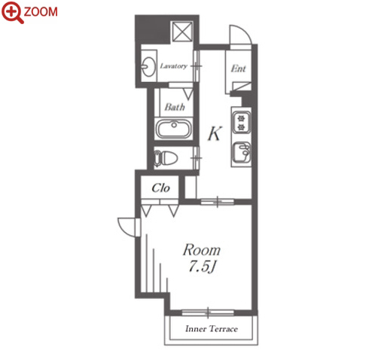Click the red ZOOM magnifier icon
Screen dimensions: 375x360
click(x=13, y=12)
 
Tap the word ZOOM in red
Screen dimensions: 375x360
click(x=41, y=12)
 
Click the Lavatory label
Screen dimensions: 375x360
click(x=174, y=66)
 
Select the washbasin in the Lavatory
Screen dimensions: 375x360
click(x=148, y=66)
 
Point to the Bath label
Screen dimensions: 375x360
click(x=175, y=107)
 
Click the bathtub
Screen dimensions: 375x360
click(x=174, y=128)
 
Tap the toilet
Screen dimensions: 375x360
click(x=165, y=158)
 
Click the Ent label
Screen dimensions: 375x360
click(x=238, y=69)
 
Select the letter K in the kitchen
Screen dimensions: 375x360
click(x=215, y=133)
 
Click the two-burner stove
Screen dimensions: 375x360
click(x=241, y=122)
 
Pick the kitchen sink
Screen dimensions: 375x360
click(x=242, y=152)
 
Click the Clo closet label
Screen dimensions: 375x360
click(x=160, y=188)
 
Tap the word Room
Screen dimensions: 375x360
click(x=202, y=250)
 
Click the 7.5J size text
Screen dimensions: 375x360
click(x=202, y=266)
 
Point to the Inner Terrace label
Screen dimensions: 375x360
click(x=212, y=328)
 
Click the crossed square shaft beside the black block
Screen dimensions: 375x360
click(x=182, y=32)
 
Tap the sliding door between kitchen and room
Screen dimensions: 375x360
click(x=218, y=201)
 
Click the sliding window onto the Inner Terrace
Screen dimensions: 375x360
click(x=208, y=313)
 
